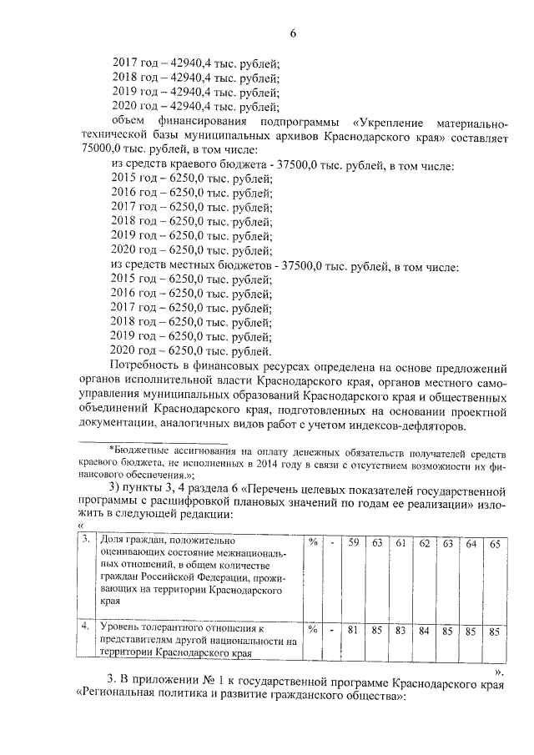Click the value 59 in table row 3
pyautogui.click(x=354, y=543)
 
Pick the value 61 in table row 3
pyautogui.click(x=400, y=543)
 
